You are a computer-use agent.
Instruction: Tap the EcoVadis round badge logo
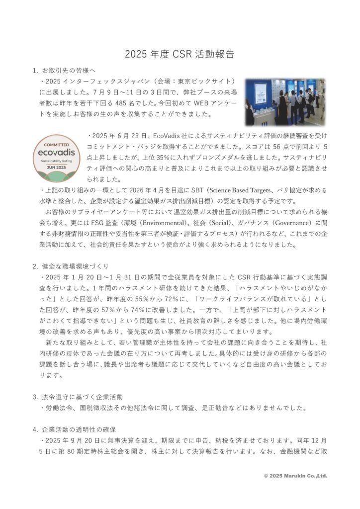tap(59, 157)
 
